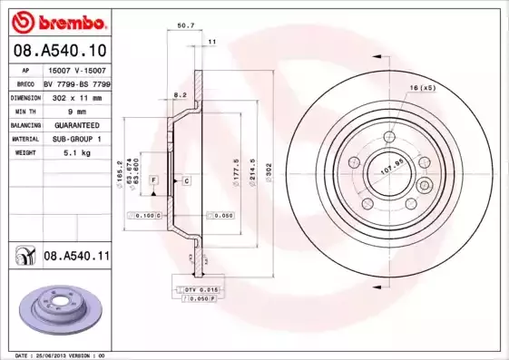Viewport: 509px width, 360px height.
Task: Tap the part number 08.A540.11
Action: click(76, 257)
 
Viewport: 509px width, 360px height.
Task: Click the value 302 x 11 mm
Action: click(76, 96)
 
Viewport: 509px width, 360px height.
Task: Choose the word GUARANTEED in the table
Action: click(76, 124)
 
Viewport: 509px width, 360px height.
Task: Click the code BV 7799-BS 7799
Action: click(76, 83)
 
